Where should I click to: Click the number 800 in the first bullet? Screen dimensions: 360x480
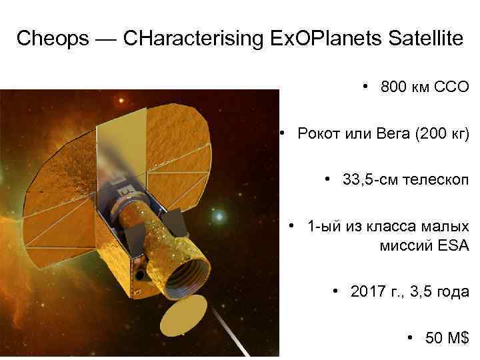393,87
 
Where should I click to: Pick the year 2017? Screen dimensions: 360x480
368,292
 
